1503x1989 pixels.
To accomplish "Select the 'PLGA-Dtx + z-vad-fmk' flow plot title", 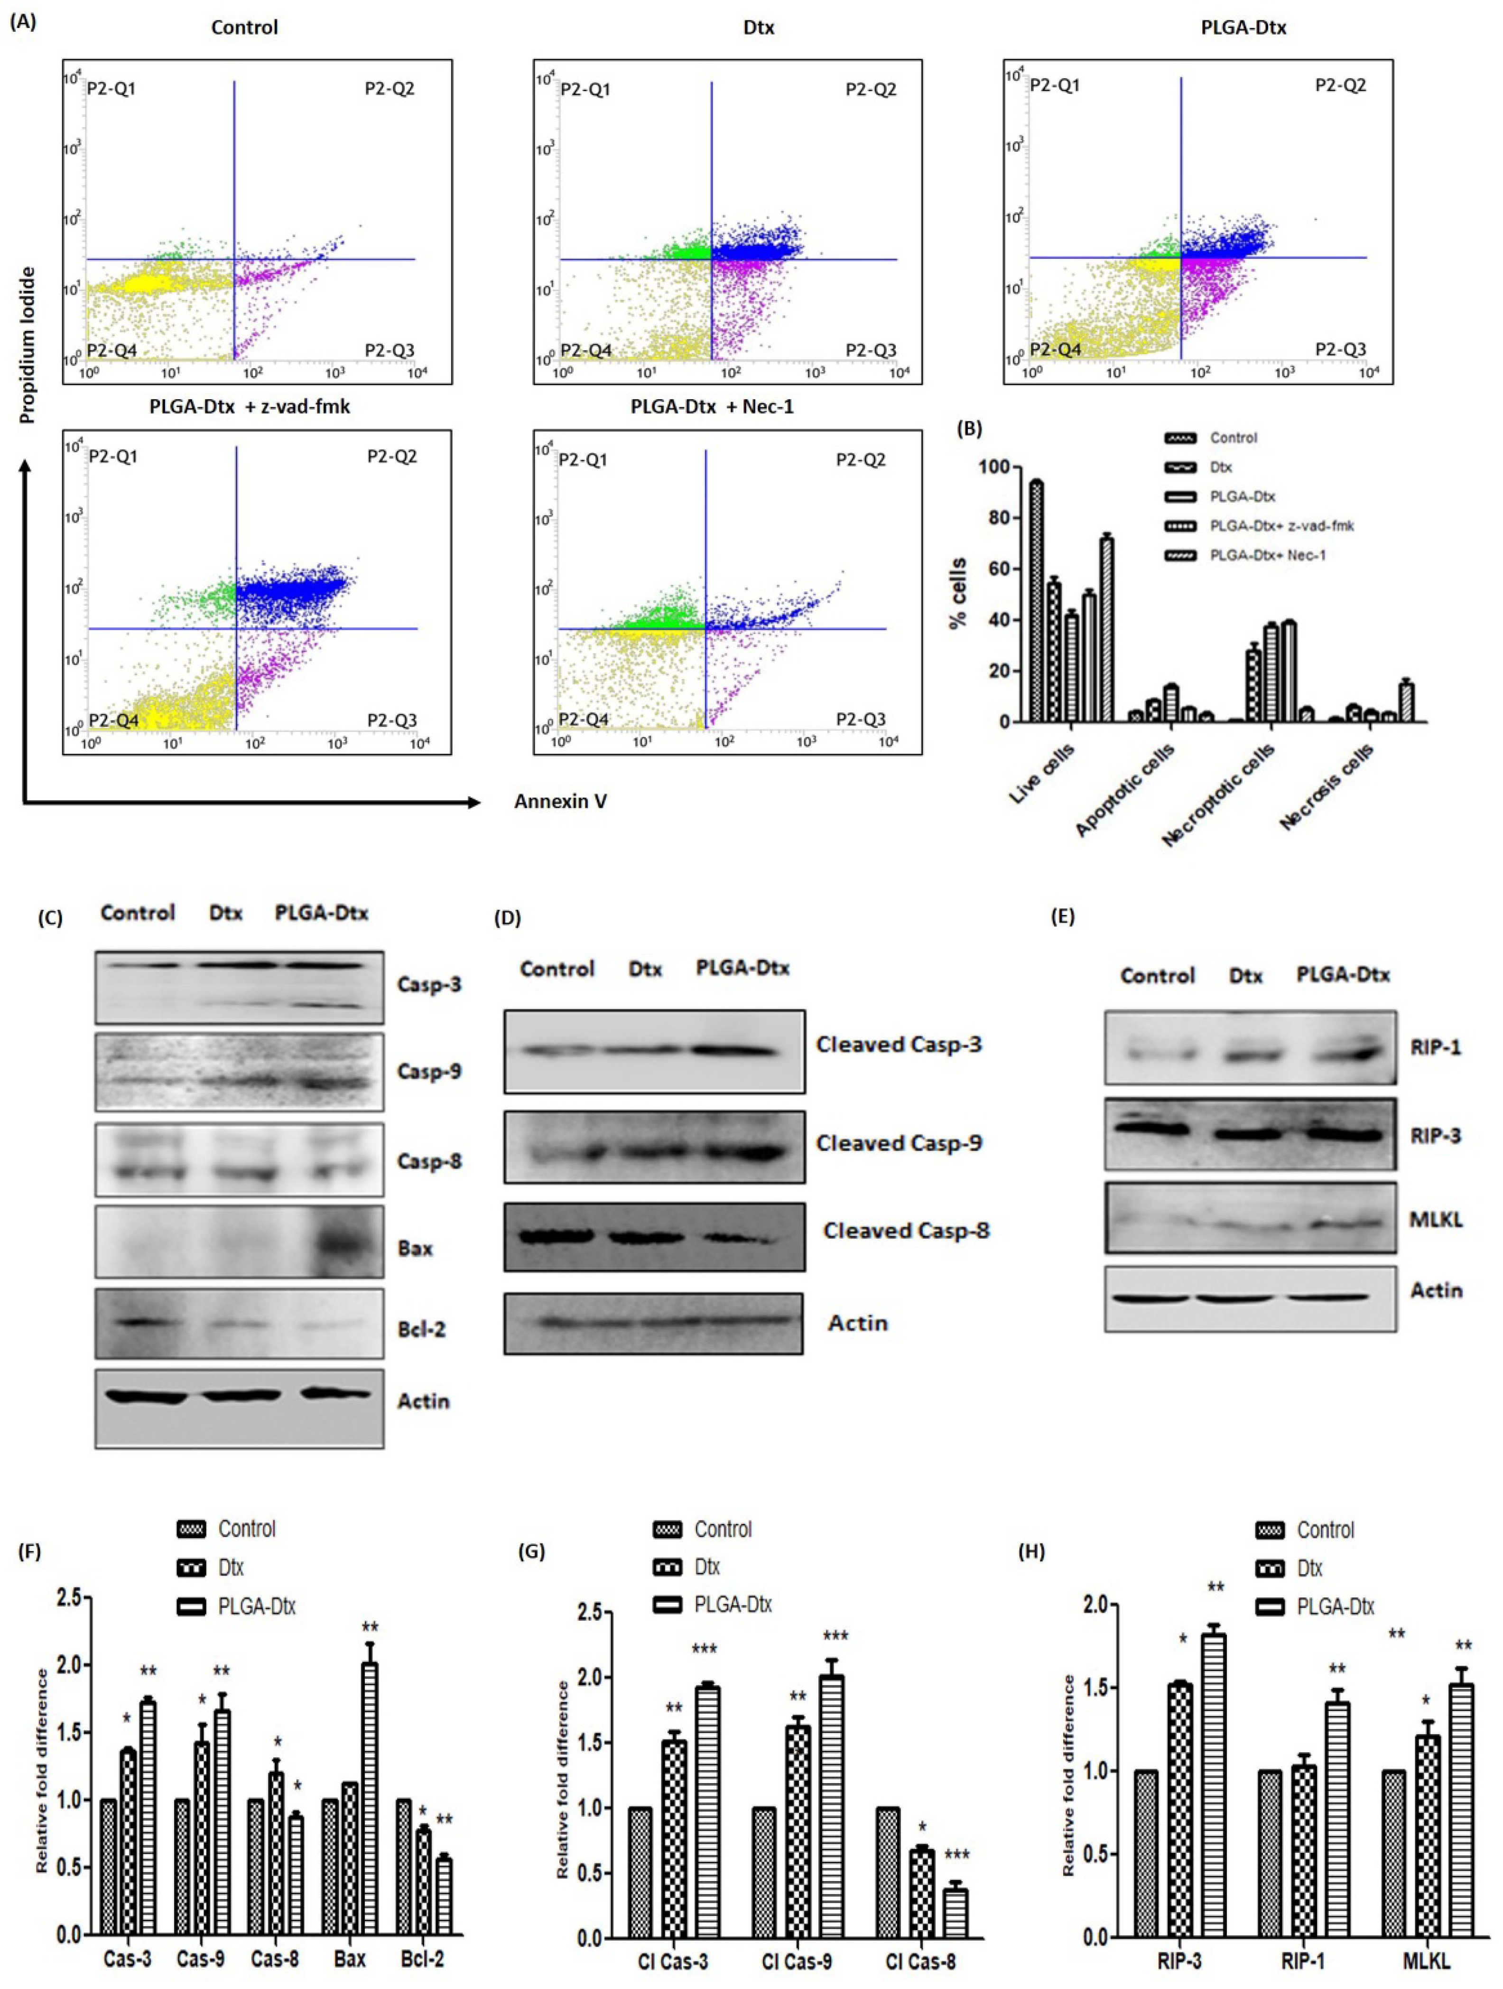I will click(x=250, y=406).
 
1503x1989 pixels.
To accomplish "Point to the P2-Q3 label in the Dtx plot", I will click(x=870, y=351).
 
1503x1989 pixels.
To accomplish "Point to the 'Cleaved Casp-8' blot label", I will click(x=906, y=1230).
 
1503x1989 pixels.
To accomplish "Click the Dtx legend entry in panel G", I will click(x=706, y=1567).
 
